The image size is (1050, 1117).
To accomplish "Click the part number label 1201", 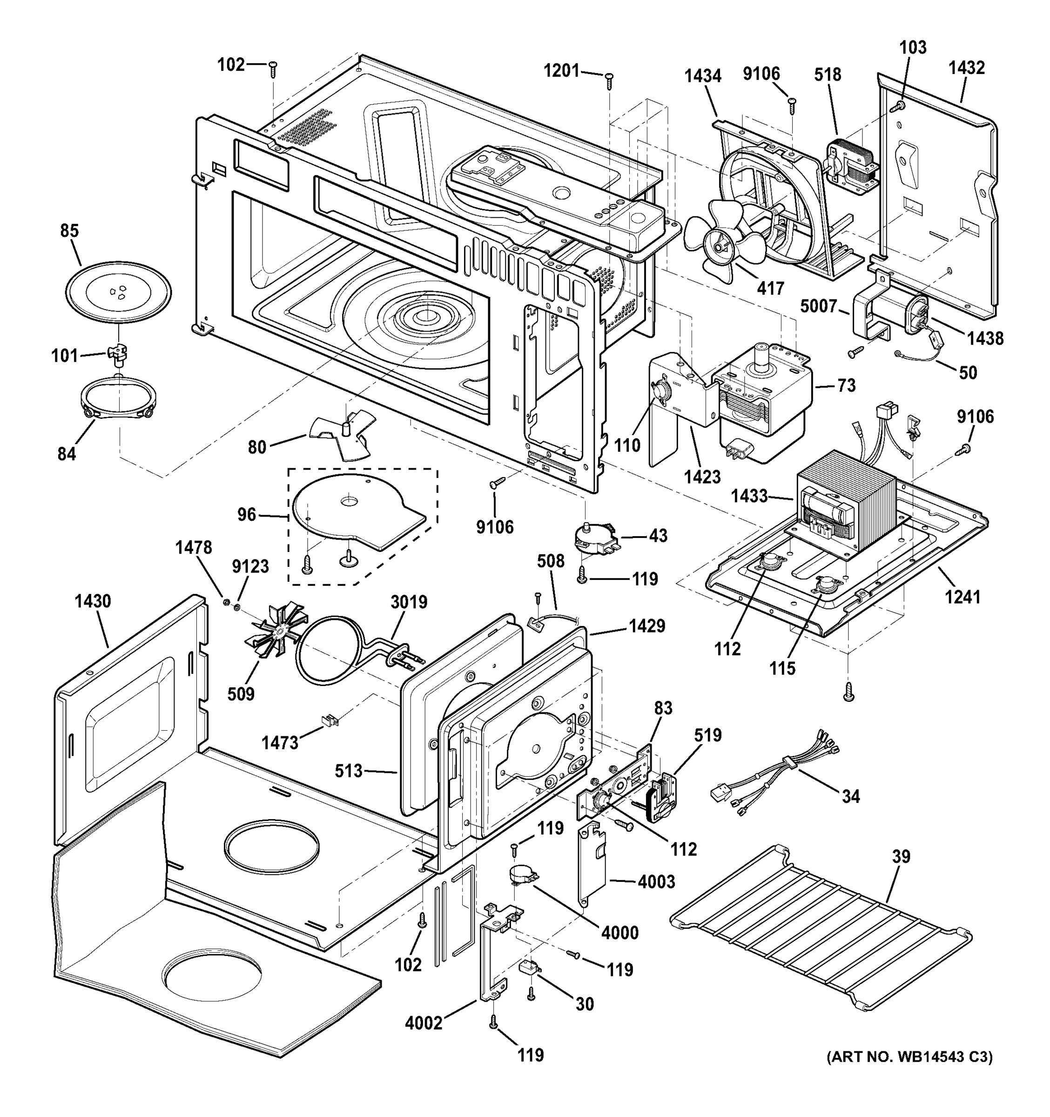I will tap(561, 71).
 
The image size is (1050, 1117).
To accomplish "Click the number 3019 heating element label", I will tap(409, 602).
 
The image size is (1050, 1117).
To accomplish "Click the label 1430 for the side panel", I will tap(93, 601).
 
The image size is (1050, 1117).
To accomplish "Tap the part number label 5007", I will tap(819, 306).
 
